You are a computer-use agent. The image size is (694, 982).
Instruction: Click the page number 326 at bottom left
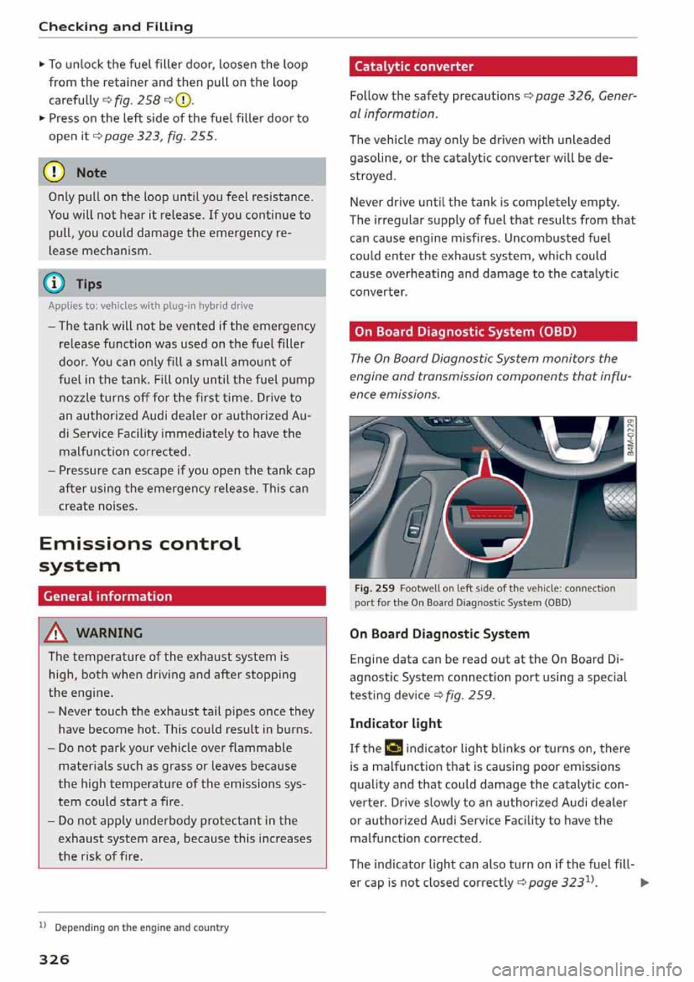coord(54,960)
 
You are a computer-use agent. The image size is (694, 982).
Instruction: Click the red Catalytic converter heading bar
coord(492,67)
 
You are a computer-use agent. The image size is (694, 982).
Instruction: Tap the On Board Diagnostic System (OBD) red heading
coord(492,332)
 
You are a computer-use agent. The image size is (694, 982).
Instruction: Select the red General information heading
coord(181,597)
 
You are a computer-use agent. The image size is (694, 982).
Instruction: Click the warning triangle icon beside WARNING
coord(56,633)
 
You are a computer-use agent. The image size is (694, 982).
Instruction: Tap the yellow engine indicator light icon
coord(393,748)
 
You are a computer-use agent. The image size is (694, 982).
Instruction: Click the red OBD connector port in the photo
coord(489,513)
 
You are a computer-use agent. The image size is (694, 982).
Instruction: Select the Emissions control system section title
coord(139,554)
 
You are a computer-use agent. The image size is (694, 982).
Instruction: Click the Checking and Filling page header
coord(116,27)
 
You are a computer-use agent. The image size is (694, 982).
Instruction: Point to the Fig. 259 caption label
coord(374,589)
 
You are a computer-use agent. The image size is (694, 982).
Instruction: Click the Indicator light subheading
coord(395,723)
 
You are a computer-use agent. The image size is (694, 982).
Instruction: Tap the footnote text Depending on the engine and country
coord(142,928)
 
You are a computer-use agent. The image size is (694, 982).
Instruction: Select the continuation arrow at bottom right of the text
coord(645,882)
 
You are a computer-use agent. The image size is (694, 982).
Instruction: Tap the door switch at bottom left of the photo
coord(415,526)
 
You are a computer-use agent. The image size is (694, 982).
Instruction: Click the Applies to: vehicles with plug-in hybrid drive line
coord(150,306)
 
